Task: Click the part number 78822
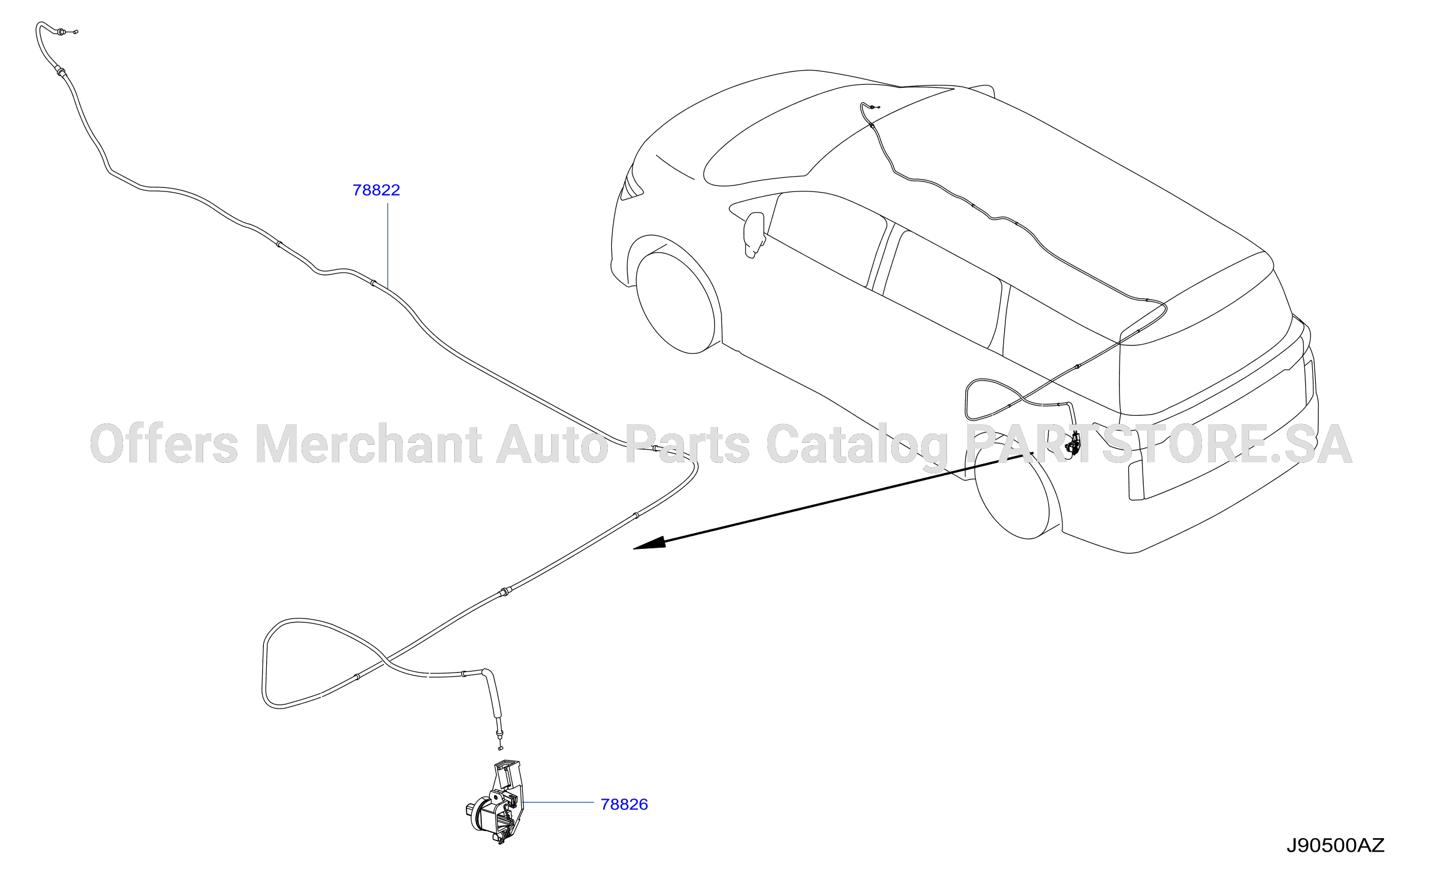coord(376,190)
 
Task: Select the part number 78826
coord(624,805)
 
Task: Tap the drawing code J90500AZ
coord(1335,846)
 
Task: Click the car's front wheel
coord(676,302)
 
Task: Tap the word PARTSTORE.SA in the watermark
coord(1158,444)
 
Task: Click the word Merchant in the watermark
coord(369,444)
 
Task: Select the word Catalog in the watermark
coord(858,446)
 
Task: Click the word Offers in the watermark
coord(164,443)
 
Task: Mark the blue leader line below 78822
coord(388,246)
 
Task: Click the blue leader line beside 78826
coord(558,802)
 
